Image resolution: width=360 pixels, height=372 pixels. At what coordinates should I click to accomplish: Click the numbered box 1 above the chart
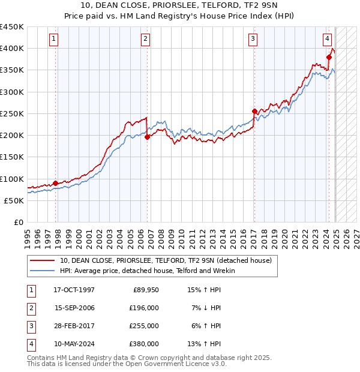point(54,40)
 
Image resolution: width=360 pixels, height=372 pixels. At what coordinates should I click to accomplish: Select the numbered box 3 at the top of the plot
point(253,40)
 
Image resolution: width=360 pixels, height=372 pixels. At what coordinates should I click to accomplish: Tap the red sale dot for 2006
point(148,137)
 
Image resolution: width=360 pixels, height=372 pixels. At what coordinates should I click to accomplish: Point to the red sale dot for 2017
point(254,111)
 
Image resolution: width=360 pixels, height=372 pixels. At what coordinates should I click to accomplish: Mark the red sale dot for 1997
point(56,183)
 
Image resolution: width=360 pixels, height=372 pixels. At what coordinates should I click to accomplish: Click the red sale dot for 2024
point(329,57)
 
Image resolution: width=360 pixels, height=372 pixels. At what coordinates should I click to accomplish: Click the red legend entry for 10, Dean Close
point(166,260)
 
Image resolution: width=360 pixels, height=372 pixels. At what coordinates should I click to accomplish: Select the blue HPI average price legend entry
point(147,271)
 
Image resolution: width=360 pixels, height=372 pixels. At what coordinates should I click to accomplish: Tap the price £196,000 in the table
point(144,308)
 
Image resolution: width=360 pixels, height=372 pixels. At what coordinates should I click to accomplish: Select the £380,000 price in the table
point(144,344)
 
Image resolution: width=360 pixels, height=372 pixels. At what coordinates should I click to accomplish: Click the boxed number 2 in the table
point(31,308)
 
